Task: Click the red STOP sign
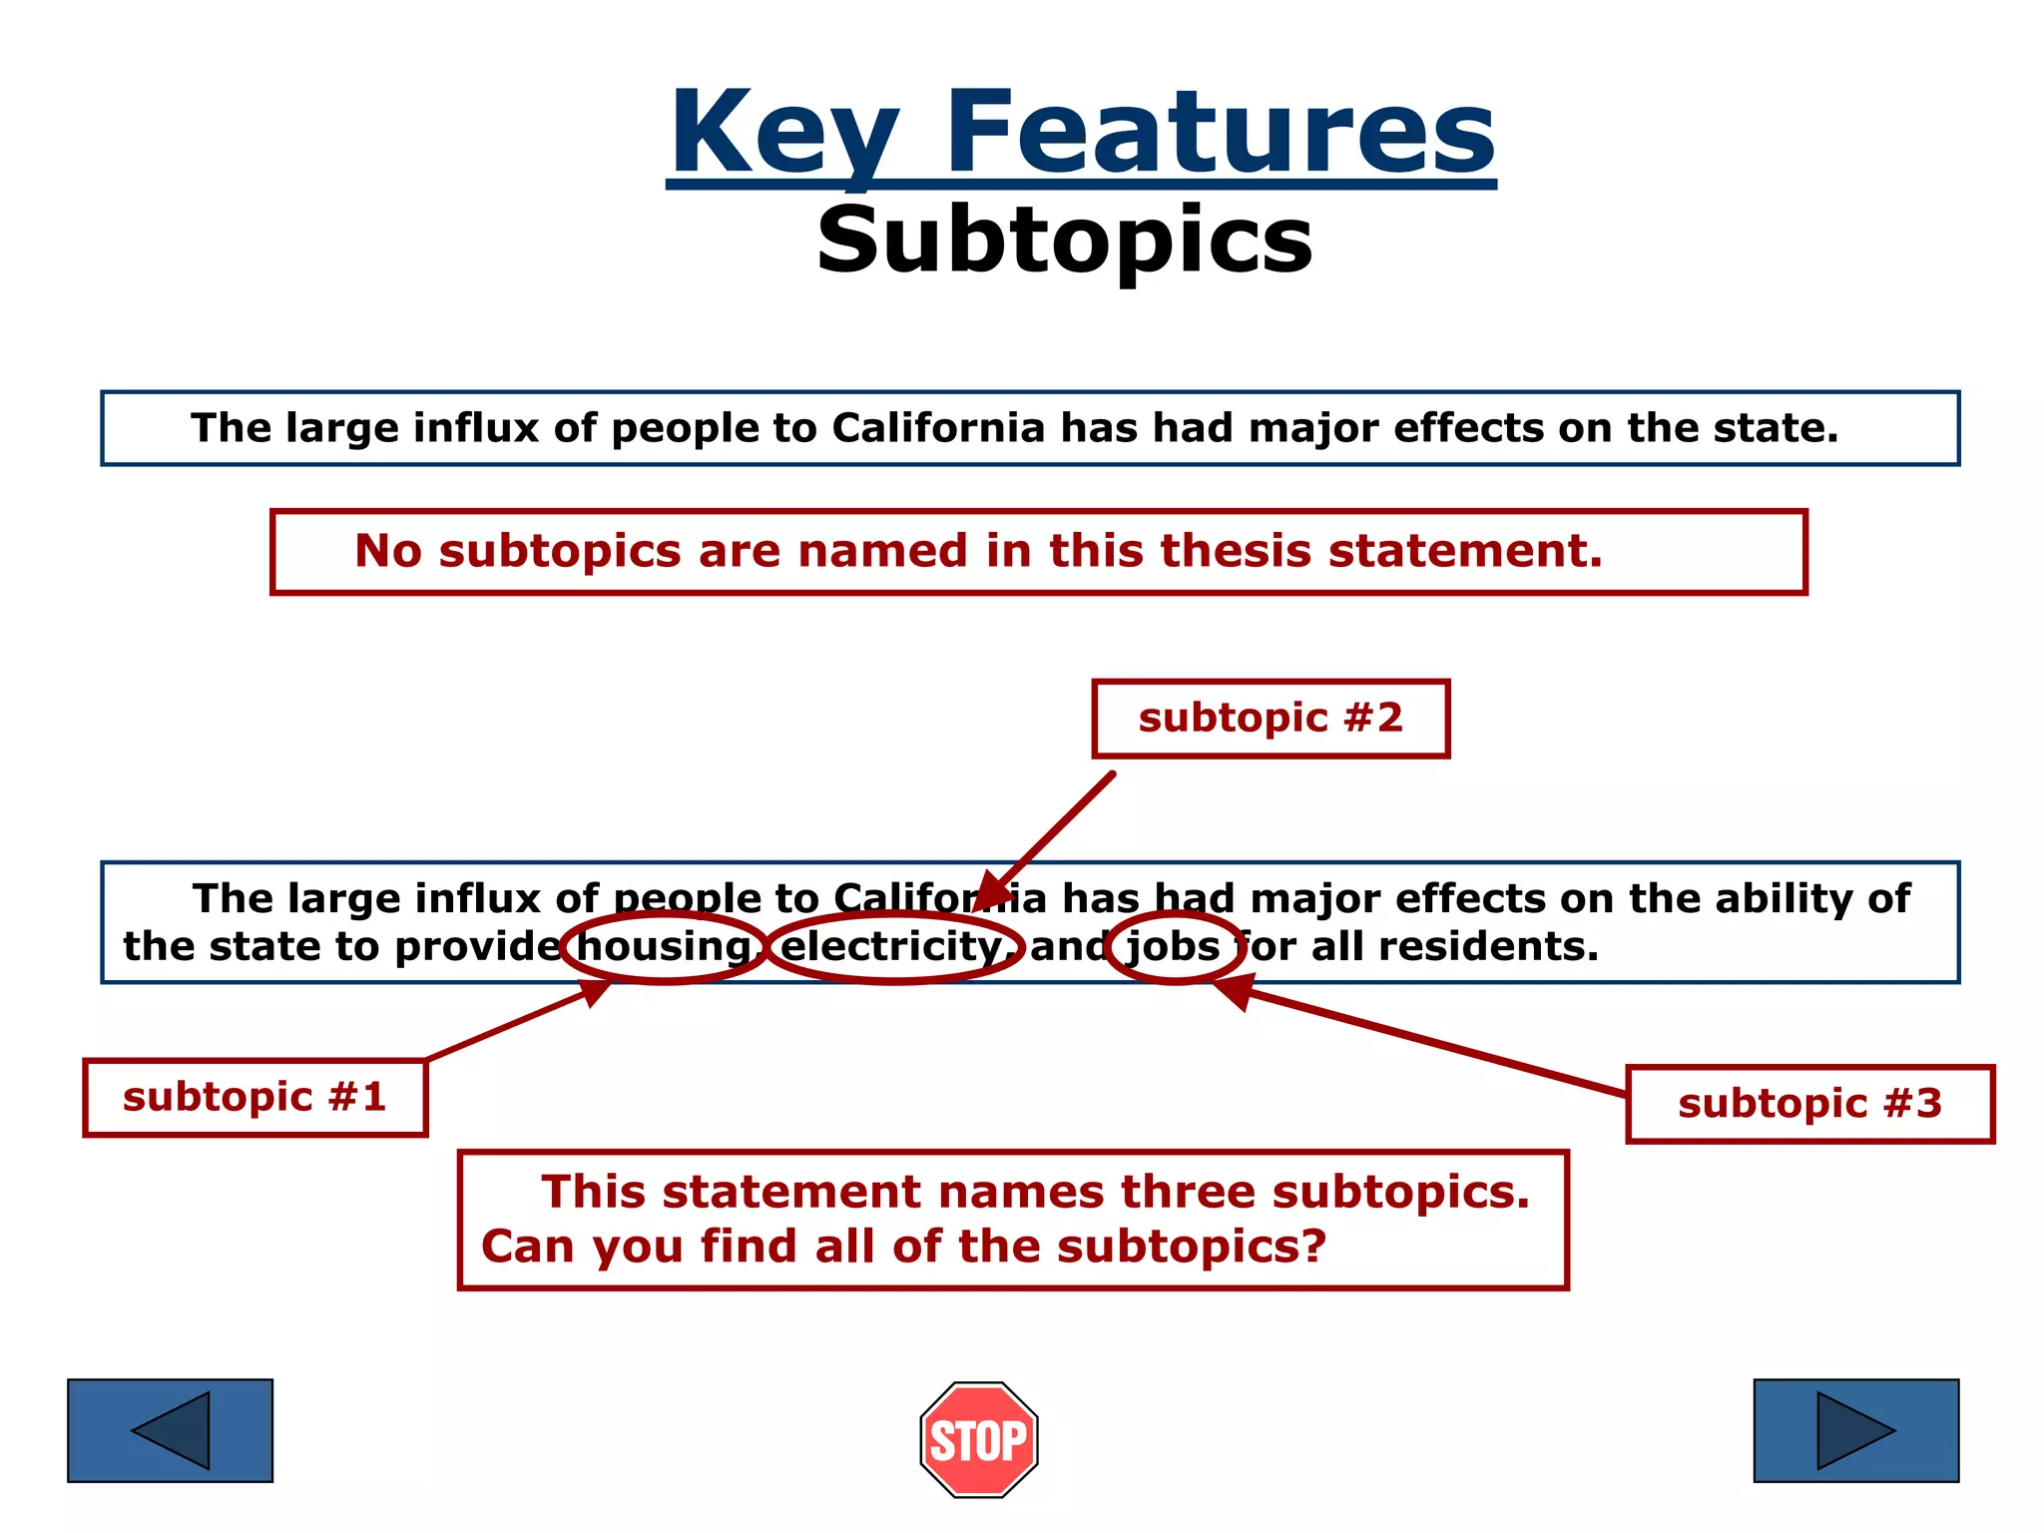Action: pyautogui.click(x=978, y=1439)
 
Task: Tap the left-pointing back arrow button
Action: pyautogui.click(x=170, y=1430)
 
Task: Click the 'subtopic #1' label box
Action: pyautogui.click(x=255, y=1097)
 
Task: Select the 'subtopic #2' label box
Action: pyautogui.click(x=1270, y=719)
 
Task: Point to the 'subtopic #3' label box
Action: pyautogui.click(x=1808, y=1104)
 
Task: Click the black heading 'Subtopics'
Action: pyautogui.click(x=1064, y=241)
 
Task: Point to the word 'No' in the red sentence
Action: pyautogui.click(x=387, y=551)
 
